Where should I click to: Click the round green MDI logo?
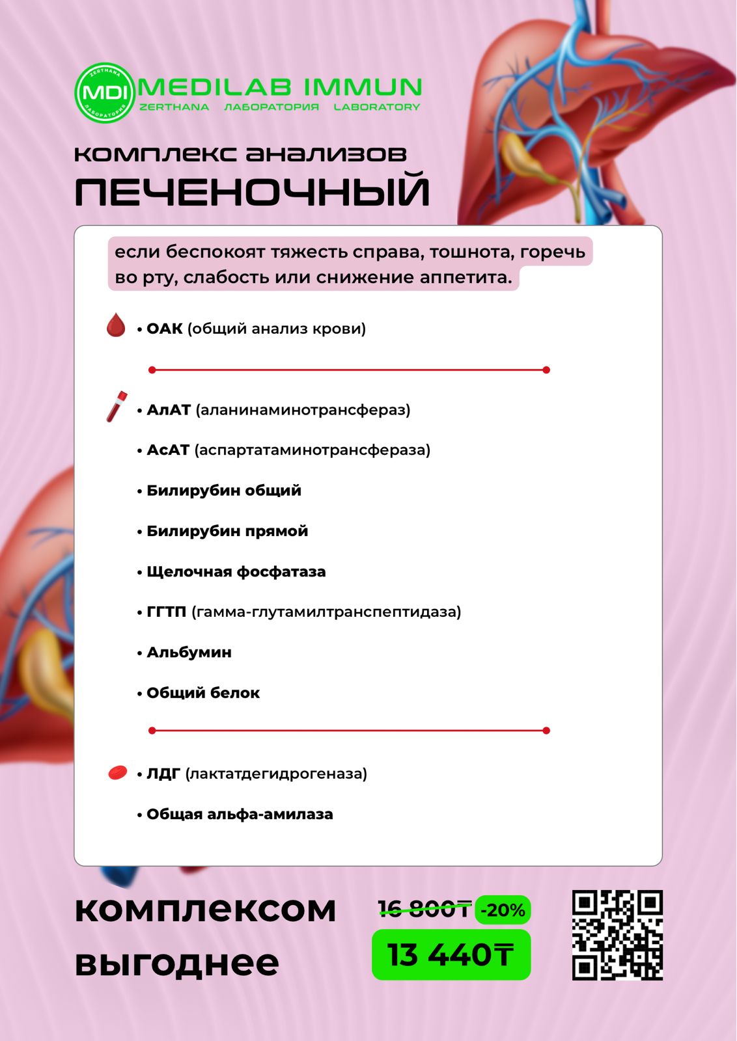tap(104, 93)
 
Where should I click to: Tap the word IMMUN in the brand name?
tap(363, 87)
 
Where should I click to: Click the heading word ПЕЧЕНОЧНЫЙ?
tap(252, 192)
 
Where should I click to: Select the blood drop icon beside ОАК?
tap(116, 325)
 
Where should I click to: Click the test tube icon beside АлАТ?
tap(117, 407)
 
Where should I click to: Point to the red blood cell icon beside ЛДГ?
tap(117, 772)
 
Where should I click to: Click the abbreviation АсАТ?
tap(168, 450)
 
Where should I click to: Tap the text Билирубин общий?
tap(223, 491)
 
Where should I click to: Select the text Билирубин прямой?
tap(227, 531)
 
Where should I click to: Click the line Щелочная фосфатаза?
tap(236, 572)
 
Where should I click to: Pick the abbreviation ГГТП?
tap(166, 612)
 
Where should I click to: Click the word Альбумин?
tap(189, 652)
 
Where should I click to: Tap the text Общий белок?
tap(202, 693)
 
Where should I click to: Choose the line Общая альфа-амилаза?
tap(239, 814)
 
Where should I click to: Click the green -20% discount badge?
tap(503, 910)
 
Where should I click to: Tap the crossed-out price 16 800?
tap(424, 909)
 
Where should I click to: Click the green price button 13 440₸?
tap(451, 955)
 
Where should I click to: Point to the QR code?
tap(617, 935)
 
